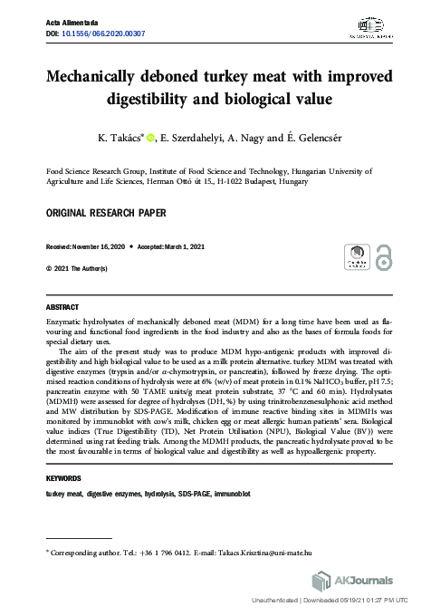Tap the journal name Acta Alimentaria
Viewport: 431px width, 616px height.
click(x=69, y=22)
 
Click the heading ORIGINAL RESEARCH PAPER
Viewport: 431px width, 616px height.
click(x=99, y=213)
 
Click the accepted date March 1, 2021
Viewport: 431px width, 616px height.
click(x=182, y=246)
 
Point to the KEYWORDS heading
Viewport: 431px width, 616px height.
click(x=63, y=477)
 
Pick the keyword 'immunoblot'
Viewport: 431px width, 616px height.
click(x=230, y=494)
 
